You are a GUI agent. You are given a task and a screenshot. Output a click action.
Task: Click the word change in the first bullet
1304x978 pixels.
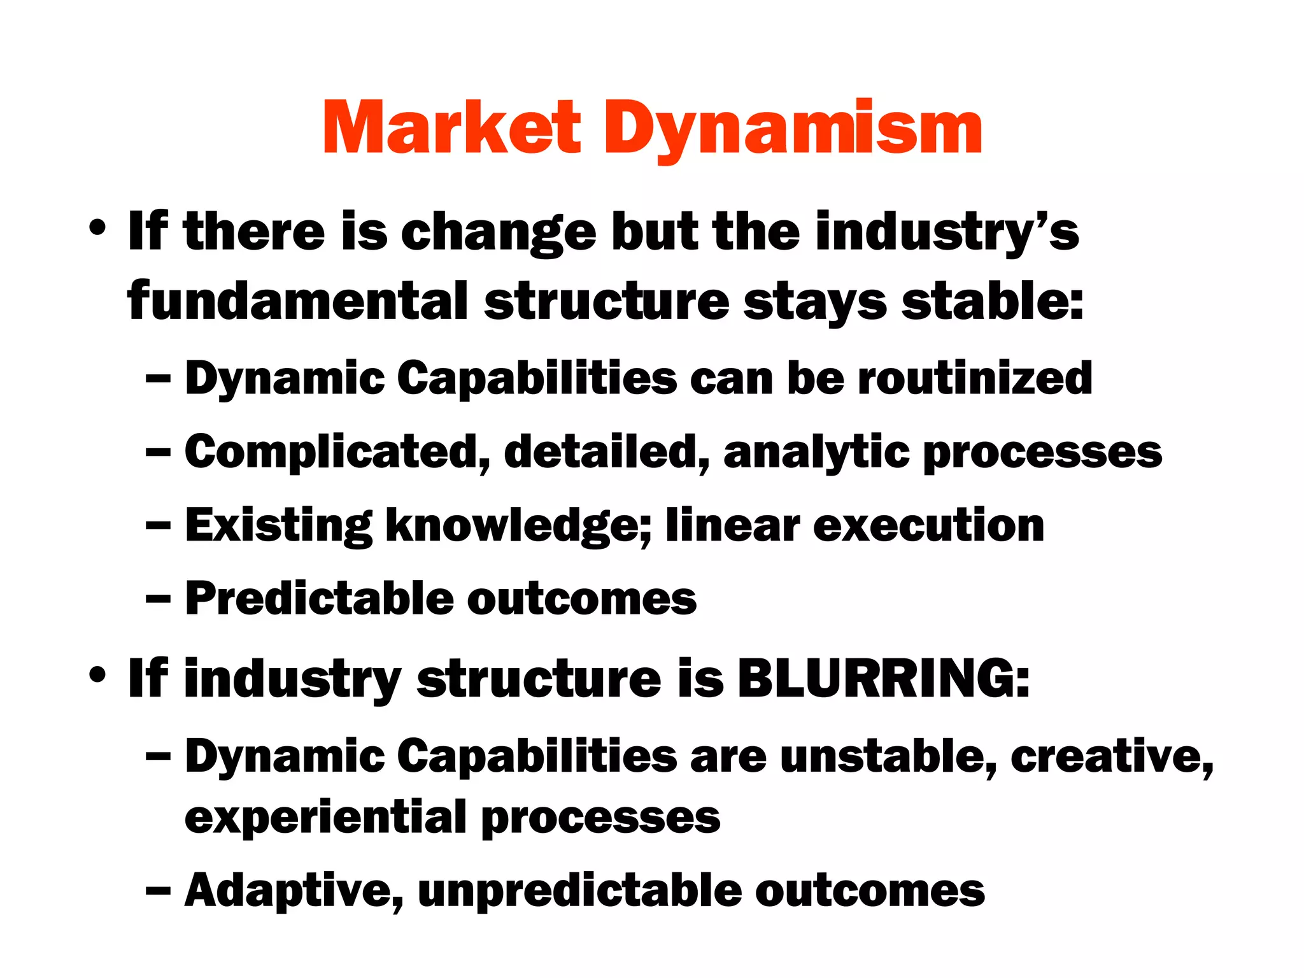tap(498, 233)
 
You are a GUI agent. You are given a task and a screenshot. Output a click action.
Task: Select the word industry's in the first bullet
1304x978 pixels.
tap(947, 233)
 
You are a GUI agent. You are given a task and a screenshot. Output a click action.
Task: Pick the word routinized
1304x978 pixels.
tap(975, 378)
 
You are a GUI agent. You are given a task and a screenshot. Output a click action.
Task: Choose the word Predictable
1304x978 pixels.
tap(318, 599)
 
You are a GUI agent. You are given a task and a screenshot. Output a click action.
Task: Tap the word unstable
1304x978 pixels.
tap(888, 756)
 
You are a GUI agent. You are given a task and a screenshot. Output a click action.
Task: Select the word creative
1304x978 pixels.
tap(1112, 756)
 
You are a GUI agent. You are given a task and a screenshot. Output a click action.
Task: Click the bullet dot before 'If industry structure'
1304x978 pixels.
tap(97, 676)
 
